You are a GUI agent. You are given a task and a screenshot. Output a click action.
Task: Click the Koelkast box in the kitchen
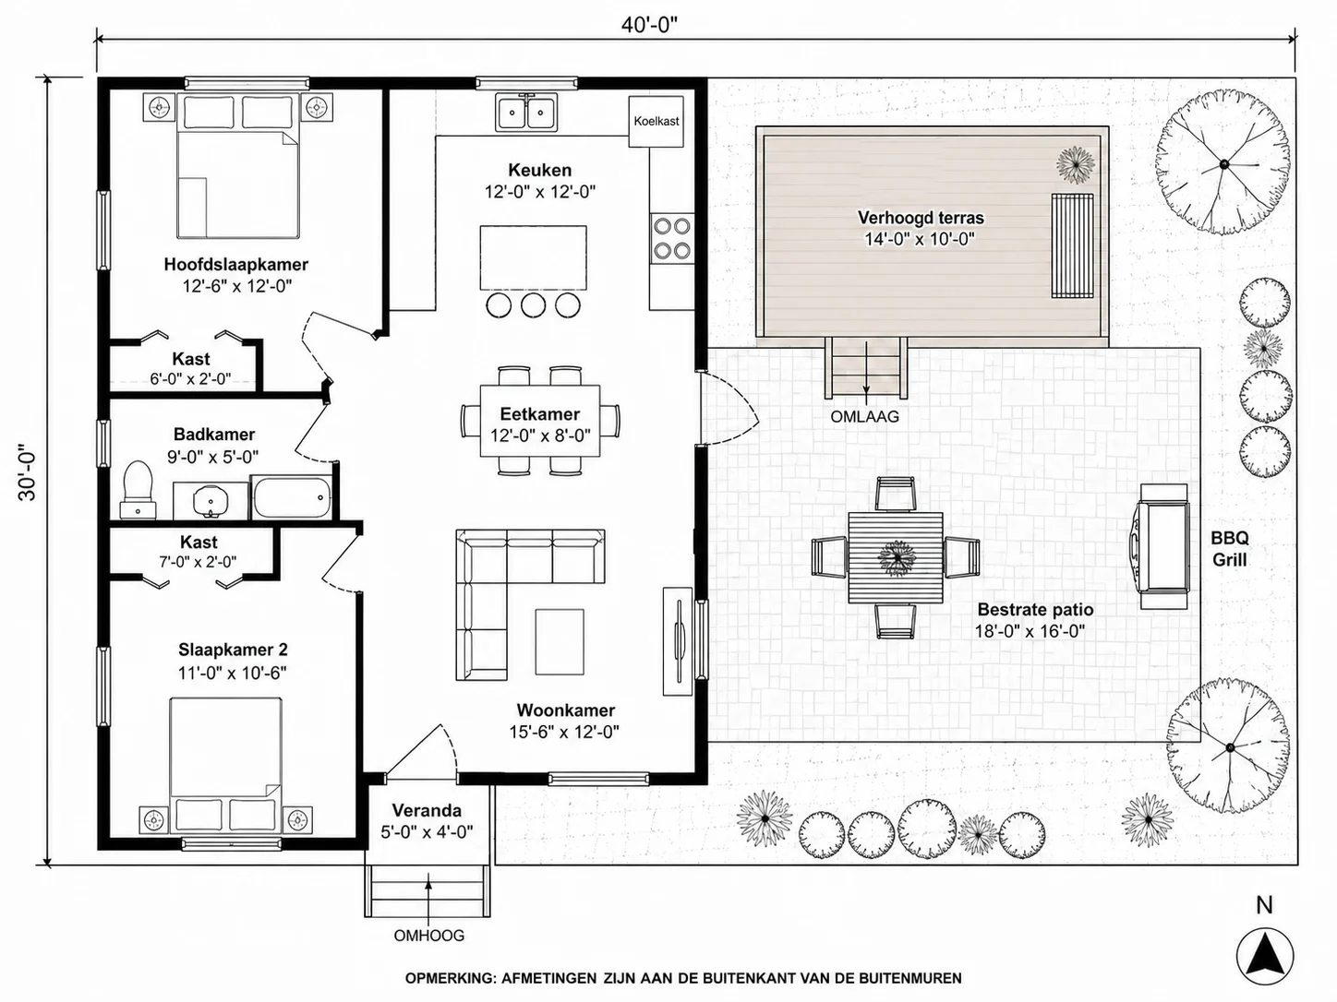pos(656,121)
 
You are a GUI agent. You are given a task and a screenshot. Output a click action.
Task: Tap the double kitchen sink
pos(527,112)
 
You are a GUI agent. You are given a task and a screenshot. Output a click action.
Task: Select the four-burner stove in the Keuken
pos(672,238)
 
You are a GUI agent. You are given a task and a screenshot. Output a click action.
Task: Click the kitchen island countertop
pos(533,258)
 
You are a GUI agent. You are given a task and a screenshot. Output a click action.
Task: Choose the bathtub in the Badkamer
pos(292,497)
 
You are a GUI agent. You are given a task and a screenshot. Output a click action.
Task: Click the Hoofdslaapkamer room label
pos(236,265)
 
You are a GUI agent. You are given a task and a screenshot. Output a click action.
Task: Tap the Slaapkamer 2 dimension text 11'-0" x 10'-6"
pos(232,673)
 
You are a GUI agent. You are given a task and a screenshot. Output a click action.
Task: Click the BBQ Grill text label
pos(1230,549)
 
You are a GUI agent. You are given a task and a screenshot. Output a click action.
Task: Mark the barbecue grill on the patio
pos(1163,546)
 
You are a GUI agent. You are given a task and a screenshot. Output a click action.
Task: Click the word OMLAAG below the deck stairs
pos(865,417)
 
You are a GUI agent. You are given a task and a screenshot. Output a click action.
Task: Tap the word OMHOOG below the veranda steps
pos(428,935)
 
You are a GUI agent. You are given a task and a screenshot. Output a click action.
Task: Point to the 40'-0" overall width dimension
pos(649,25)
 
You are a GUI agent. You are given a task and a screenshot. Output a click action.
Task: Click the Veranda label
pos(427,810)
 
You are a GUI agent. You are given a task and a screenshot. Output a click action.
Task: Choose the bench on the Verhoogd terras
pos(1072,245)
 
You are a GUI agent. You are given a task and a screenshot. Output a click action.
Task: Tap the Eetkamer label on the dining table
pos(539,414)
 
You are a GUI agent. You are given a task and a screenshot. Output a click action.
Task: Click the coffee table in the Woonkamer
pos(560,642)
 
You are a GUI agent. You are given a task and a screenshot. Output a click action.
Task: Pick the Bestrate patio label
pos(1035,610)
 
